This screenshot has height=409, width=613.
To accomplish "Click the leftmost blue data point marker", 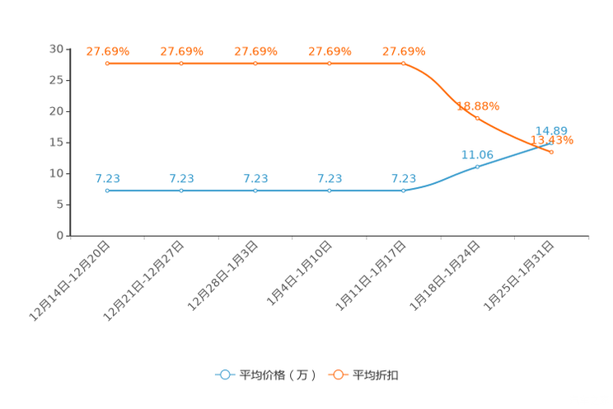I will pos(107,190).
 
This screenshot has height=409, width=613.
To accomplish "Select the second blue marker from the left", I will pos(181,190).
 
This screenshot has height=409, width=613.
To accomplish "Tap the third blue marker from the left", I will pos(255,190).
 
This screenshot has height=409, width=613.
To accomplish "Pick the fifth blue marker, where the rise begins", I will pos(403,190).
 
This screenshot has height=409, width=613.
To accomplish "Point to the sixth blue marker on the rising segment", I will pos(477,167).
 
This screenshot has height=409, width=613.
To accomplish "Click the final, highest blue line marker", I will pos(550,143).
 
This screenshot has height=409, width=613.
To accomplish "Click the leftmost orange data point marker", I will pos(107,63).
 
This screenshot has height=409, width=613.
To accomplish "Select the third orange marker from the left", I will pos(255,63).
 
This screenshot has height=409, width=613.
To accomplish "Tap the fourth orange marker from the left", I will pos(330,63).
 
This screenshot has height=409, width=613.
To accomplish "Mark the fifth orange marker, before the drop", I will pos(403,63).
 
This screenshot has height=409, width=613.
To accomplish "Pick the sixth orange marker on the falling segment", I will pos(477,118).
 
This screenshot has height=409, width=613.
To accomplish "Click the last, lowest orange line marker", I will pos(551,152).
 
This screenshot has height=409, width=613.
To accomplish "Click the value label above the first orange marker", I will pos(108,51).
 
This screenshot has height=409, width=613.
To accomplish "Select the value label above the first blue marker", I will pos(108,178).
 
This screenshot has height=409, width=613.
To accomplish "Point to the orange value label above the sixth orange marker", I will pos(479,106).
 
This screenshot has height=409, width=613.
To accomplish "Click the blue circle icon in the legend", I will pos(224,374).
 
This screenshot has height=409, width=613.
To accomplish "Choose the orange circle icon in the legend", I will pos(338,374).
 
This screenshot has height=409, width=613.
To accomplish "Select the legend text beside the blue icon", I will pos(278,375).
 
